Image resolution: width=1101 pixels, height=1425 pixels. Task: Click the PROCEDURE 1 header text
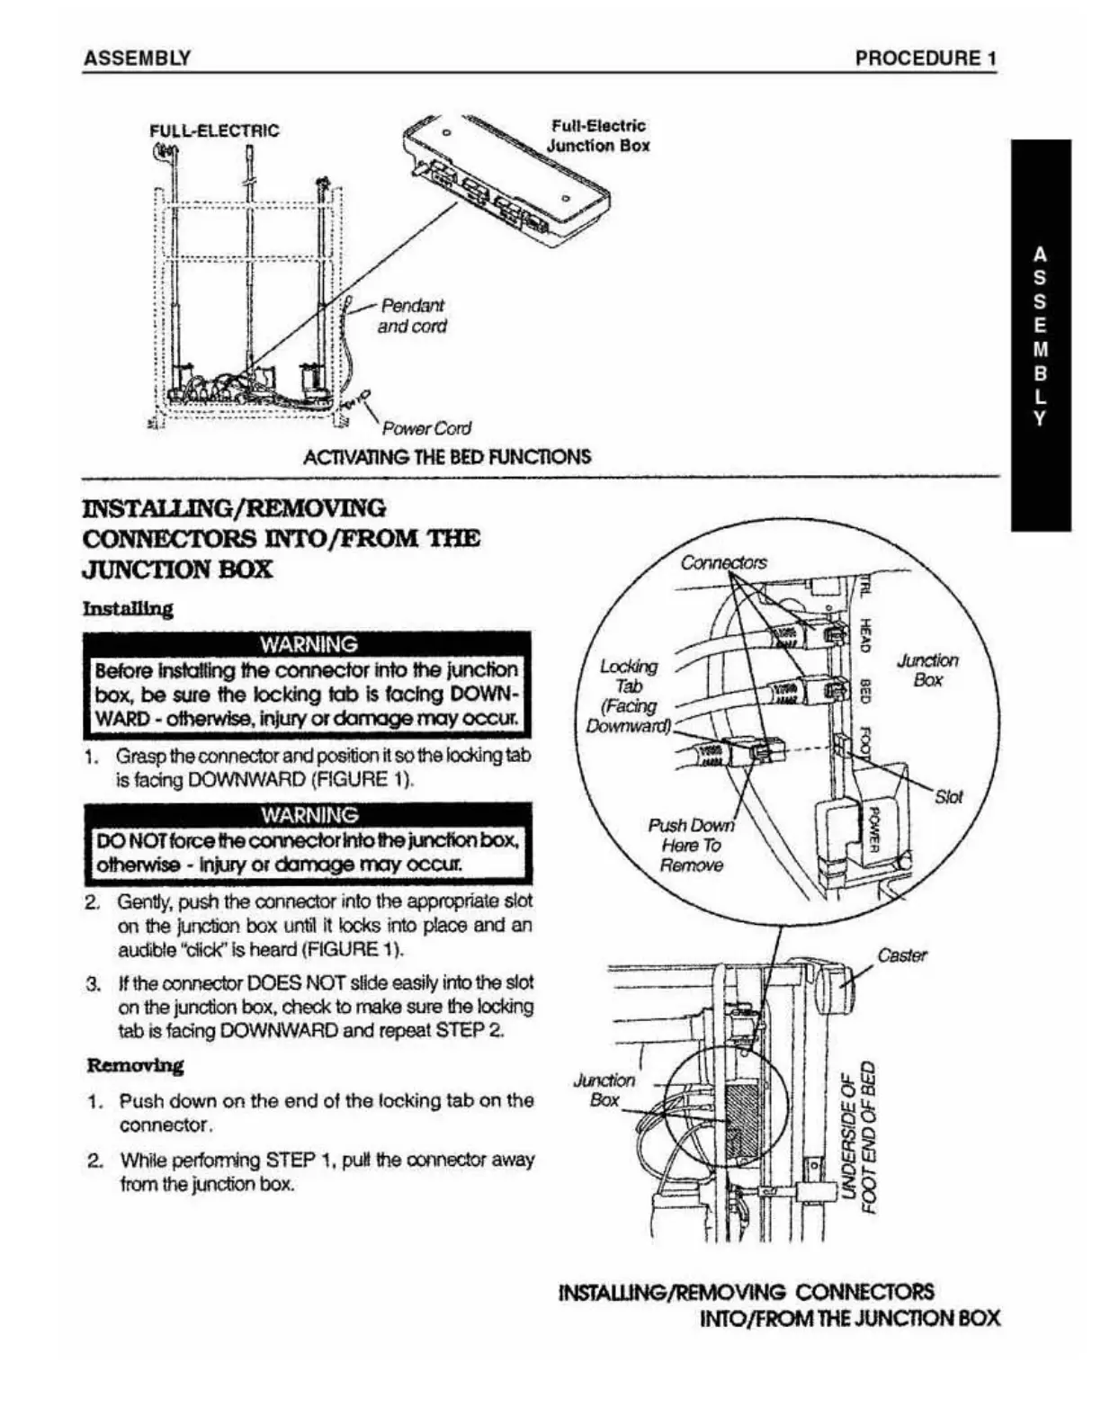(x=926, y=58)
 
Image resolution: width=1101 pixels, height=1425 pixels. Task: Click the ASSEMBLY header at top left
(x=137, y=58)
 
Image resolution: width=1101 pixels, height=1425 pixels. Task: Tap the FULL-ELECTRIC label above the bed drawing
(x=214, y=130)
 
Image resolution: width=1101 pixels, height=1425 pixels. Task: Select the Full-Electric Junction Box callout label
(x=598, y=136)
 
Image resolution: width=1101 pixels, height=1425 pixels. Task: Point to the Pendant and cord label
(x=412, y=316)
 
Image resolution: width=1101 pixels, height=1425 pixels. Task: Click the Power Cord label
(x=426, y=428)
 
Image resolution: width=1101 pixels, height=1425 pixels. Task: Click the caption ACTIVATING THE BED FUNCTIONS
(x=447, y=456)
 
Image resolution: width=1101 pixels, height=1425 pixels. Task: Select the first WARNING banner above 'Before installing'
(x=308, y=644)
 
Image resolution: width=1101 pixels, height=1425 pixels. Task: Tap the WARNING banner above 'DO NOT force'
(x=308, y=815)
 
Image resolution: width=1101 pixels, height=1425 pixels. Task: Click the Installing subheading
(x=128, y=609)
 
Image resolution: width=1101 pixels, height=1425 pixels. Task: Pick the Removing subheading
(x=135, y=1066)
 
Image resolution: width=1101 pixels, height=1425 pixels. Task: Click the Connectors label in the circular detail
(x=723, y=563)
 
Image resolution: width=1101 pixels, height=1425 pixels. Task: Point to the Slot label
(x=948, y=797)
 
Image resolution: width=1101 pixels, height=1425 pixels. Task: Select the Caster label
(x=901, y=955)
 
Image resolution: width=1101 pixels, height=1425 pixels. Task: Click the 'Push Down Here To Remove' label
(x=691, y=846)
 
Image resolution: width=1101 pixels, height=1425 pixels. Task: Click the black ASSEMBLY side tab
(x=1041, y=335)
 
